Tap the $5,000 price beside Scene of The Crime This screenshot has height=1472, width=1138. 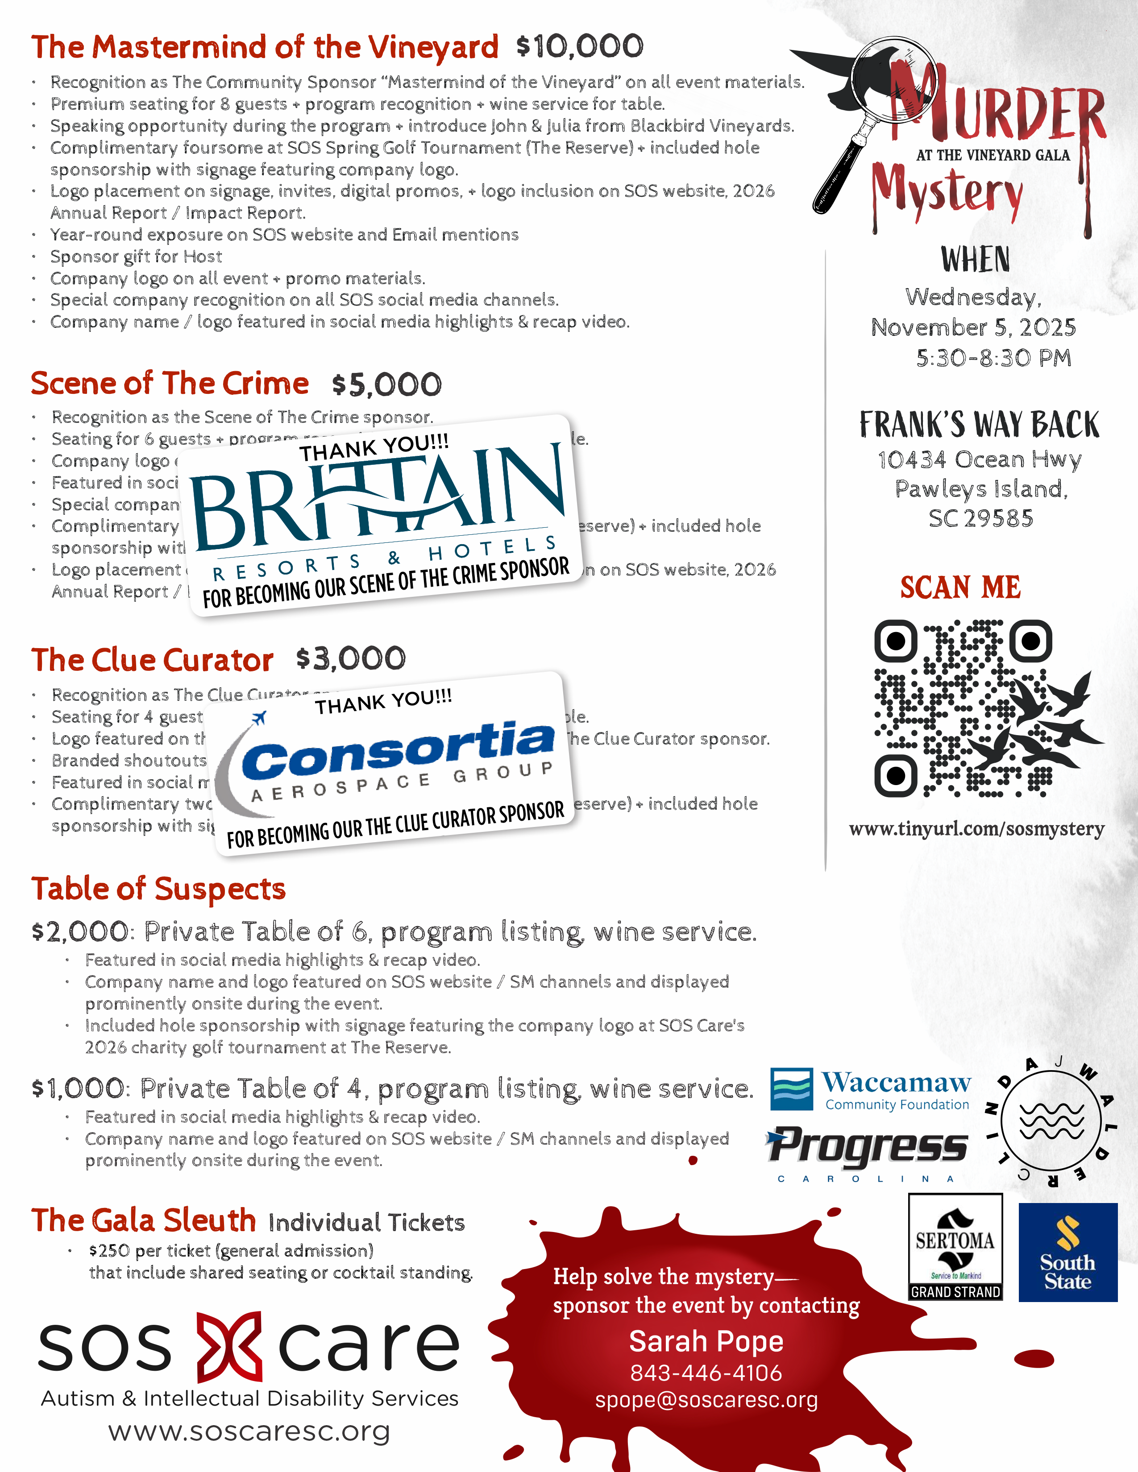(386, 385)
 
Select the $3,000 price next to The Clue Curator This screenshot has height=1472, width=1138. (351, 658)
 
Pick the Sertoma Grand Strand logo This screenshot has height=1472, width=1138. (955, 1247)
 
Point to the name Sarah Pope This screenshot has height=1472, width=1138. (706, 1341)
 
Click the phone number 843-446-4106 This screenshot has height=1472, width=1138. (706, 1372)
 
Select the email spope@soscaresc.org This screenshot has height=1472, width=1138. (706, 1400)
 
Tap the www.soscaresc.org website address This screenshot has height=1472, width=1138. (249, 1431)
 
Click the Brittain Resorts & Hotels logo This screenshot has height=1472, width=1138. (378, 512)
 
